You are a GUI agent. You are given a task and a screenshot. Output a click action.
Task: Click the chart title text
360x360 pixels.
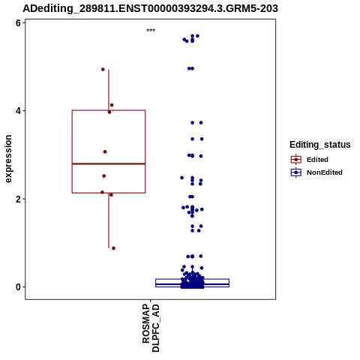point(150,8)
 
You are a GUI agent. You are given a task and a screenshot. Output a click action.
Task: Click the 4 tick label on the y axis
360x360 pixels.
point(18,111)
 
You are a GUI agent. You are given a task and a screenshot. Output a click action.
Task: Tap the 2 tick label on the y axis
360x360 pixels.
point(18,199)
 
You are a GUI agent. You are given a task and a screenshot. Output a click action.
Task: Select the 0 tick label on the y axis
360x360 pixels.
point(18,287)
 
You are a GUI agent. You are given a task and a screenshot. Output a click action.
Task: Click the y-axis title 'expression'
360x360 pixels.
point(8,159)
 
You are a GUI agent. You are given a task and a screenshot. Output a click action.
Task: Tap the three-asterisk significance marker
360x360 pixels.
point(151,30)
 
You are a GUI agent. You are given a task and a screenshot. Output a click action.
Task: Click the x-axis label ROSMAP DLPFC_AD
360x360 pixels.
point(151,328)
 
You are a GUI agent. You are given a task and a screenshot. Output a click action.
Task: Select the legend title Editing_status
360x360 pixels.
point(320,145)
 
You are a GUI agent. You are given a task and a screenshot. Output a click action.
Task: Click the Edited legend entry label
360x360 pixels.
point(317,160)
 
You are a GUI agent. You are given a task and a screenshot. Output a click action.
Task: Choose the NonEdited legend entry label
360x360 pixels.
point(325,172)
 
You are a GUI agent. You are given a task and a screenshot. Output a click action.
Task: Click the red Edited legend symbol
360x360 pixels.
point(296,160)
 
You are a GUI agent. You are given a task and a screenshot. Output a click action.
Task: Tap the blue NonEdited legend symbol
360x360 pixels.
point(296,172)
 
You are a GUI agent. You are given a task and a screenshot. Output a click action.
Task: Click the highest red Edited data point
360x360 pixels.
point(103,69)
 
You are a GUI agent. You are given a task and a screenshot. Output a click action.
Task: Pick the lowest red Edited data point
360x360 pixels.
point(113,248)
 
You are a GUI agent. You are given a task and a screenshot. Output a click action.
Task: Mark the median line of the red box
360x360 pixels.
point(109,163)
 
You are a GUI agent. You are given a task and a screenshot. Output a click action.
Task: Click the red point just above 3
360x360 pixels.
point(105,151)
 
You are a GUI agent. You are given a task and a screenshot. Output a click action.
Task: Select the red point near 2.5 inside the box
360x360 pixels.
point(104,176)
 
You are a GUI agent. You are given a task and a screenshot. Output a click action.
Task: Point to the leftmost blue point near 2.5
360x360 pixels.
point(182,178)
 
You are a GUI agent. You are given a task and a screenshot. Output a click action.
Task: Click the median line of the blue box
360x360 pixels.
point(193,284)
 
